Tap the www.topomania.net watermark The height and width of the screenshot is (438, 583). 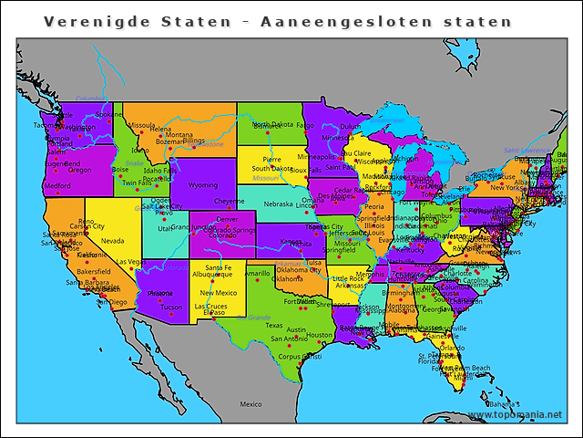515,414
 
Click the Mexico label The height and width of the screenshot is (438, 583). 251,403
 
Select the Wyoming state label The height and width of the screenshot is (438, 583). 203,185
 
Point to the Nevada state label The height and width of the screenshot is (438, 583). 112,241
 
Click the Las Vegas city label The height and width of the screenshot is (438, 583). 130,263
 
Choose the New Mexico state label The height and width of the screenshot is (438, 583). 219,293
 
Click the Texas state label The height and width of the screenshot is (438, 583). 274,325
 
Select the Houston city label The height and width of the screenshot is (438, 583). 320,335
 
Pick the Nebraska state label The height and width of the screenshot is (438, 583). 278,203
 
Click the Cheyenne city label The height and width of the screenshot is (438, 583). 229,201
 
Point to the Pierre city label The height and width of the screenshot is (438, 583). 271,159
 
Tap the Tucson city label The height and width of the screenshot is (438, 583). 170,308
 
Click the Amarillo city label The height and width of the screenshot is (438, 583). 257,273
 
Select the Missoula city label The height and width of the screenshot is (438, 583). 141,125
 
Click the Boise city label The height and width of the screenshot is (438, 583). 120,169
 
